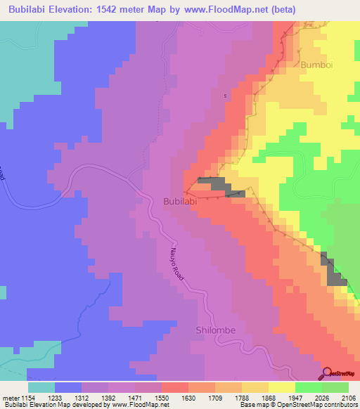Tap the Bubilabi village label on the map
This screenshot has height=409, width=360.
coord(179,200)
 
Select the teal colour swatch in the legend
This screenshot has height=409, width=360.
coord(41,387)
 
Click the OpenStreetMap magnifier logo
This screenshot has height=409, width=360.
coord(327,373)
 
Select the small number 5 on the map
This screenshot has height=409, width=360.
coord(226,96)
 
